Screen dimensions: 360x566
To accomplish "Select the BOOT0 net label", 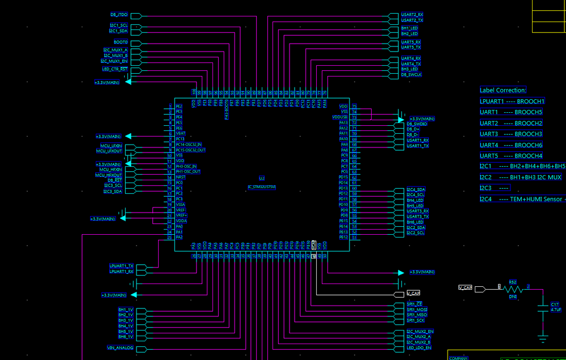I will (x=121, y=42).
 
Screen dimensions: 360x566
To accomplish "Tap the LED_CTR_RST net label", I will (x=114, y=69).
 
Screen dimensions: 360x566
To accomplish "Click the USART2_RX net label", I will (x=412, y=15).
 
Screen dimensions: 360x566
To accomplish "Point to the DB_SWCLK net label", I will (x=411, y=74).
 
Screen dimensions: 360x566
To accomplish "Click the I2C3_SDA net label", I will (x=112, y=191).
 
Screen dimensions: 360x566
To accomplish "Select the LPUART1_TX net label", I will (x=121, y=265).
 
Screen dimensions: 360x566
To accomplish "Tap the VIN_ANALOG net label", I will (x=120, y=348).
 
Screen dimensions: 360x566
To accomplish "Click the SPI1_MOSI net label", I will (x=417, y=310).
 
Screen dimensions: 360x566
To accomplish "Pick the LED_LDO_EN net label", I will (x=419, y=348).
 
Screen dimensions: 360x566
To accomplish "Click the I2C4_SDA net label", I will (x=416, y=189).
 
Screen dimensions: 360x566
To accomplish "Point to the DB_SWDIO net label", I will (x=416, y=124).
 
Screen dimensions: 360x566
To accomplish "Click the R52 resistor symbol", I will (x=513, y=289).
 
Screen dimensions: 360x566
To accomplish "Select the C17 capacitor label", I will (x=555, y=304).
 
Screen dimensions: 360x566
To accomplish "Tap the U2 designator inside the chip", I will (x=262, y=178).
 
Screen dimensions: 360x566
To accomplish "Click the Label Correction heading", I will (x=503, y=90).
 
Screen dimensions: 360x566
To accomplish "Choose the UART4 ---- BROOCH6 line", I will (x=511, y=145).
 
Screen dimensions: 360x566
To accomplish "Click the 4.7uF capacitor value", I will (x=556, y=310).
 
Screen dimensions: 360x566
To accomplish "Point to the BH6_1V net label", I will (x=125, y=337).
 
